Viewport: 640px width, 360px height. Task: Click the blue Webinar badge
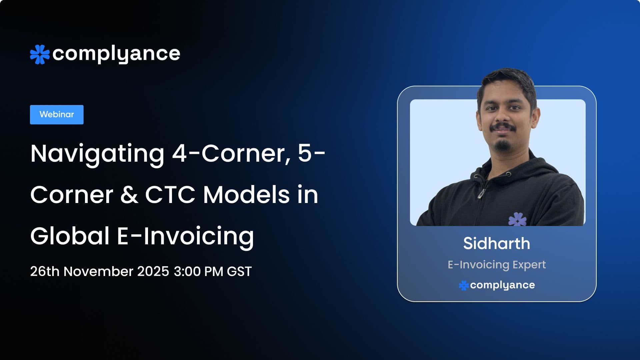pos(57,115)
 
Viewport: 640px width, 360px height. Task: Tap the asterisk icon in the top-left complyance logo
pos(40,54)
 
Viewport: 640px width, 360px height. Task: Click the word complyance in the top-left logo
pos(116,54)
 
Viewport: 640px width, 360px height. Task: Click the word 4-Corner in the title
pos(229,153)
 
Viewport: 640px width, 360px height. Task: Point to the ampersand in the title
pos(129,195)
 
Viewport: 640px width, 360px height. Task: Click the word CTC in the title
pos(170,195)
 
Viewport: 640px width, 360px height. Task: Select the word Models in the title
pos(246,195)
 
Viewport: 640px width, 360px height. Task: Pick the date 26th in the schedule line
pos(45,271)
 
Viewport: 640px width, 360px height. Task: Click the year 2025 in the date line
pos(153,271)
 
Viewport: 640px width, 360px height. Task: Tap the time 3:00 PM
pos(198,271)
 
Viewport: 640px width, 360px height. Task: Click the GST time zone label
pos(239,271)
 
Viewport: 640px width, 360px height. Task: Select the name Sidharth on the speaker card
pos(496,243)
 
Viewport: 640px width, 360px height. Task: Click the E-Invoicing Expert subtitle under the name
pos(496,265)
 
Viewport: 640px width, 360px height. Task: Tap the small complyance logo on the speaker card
pos(497,285)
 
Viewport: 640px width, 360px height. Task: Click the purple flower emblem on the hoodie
pos(517,220)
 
